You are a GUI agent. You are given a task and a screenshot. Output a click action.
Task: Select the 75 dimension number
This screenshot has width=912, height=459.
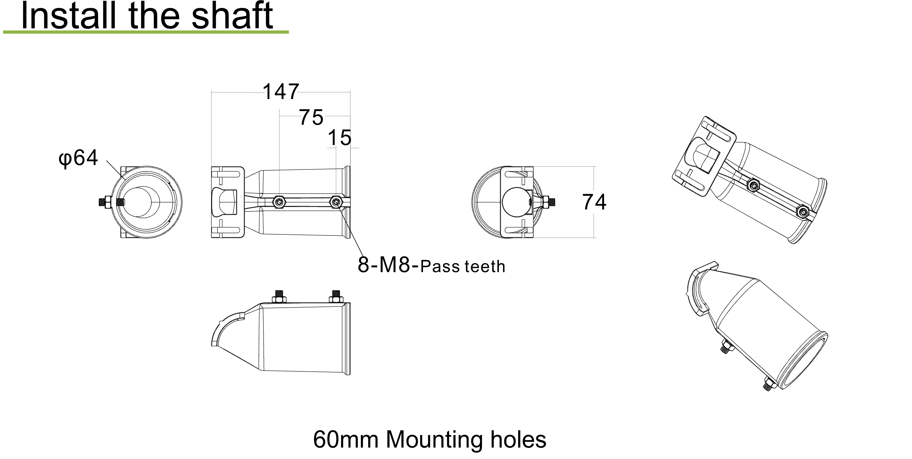311,117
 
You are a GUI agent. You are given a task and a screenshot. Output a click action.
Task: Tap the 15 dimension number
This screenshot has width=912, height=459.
340,138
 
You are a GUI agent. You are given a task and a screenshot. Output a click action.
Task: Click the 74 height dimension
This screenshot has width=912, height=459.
594,202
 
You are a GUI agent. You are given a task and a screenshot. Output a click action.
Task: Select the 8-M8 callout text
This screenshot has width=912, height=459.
388,264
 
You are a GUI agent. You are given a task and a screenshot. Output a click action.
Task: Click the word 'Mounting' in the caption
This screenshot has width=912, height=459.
434,440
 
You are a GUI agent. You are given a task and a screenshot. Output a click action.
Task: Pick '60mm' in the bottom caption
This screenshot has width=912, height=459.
346,440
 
